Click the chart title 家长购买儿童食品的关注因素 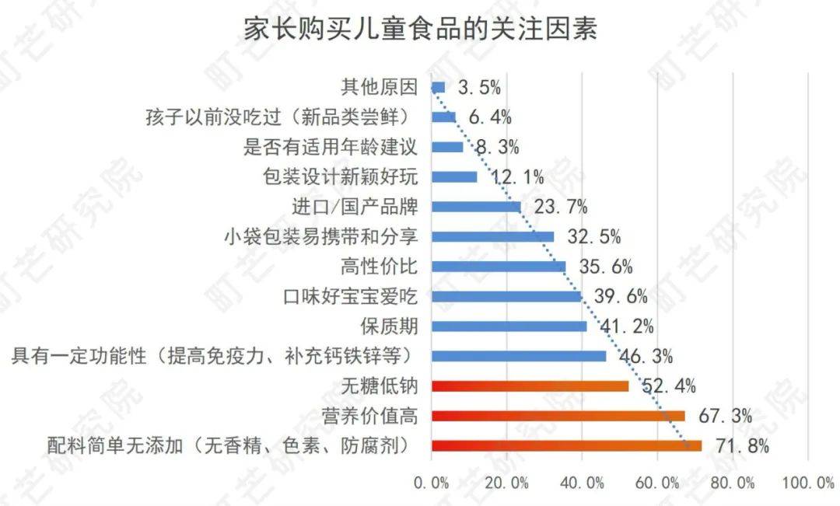tap(421, 30)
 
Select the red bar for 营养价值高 tap(558, 416)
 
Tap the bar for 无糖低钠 tap(530, 386)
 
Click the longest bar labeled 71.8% tap(566, 445)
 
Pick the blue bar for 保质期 tap(509, 326)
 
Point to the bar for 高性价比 tap(498, 267)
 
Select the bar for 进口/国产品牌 tap(475, 207)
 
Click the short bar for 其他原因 tap(438, 87)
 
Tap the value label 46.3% tap(646, 357)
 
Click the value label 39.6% tap(621, 297)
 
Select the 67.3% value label tap(725, 417)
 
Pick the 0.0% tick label tap(431, 483)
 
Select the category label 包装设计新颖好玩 tap(341, 176)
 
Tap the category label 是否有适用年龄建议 tap(331, 147)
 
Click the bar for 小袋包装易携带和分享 tap(492, 236)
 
